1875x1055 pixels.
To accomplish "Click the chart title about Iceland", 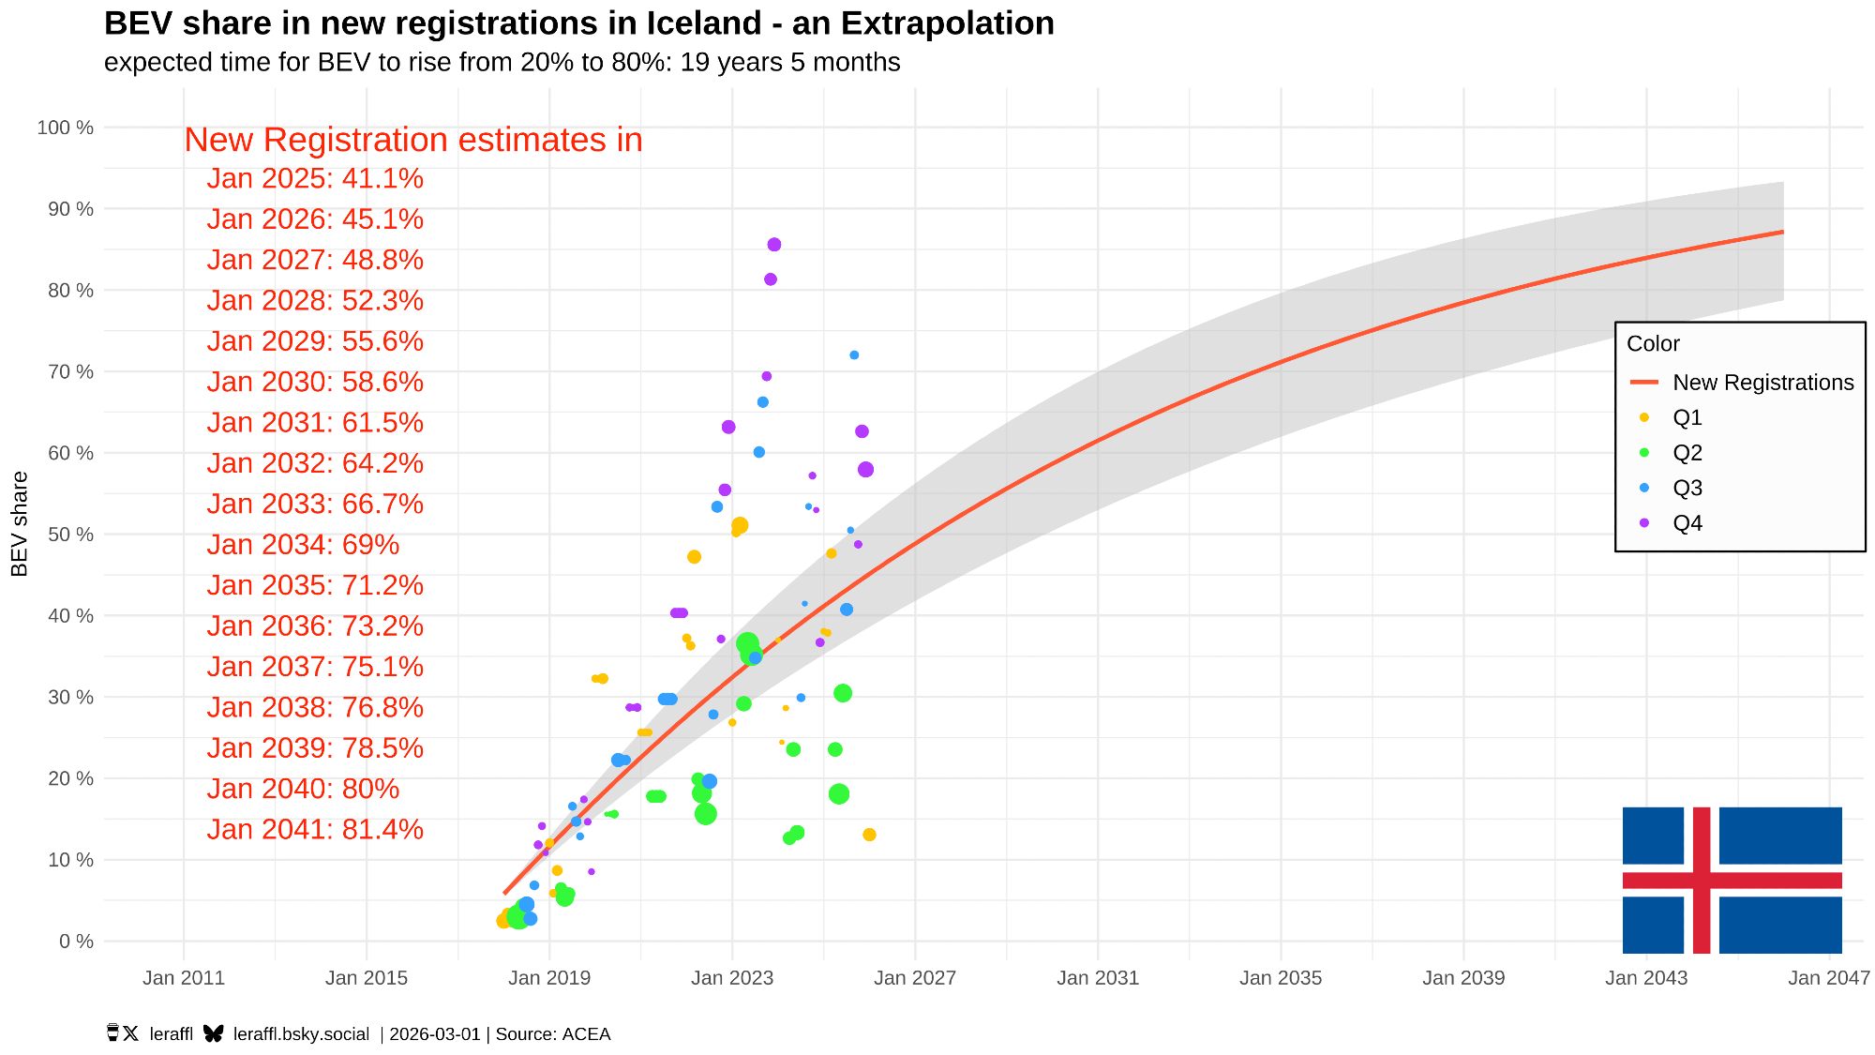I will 578,23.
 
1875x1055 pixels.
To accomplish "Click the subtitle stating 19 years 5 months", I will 502,63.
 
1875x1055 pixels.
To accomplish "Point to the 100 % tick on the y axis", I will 65,128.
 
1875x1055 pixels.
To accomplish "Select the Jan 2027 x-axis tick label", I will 914,978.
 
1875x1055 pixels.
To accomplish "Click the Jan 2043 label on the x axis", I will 1645,978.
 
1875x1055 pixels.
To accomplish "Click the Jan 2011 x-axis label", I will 184,978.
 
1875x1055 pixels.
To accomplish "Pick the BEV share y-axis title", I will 20,523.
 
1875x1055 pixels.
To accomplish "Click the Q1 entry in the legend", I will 1687,417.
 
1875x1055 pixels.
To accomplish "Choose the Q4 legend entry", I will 1687,523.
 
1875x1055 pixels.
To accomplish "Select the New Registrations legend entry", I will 1762,383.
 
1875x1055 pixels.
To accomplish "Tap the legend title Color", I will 1653,344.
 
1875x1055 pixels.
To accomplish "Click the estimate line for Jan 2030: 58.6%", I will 315,382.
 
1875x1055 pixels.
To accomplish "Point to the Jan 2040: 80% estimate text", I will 303,789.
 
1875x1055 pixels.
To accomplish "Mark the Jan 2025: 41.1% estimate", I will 315,178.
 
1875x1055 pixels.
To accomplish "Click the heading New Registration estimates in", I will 412,140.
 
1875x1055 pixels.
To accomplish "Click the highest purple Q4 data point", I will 774,245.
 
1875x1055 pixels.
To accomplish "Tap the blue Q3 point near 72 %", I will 854,355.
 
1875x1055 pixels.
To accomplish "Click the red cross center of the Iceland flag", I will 1702,881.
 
